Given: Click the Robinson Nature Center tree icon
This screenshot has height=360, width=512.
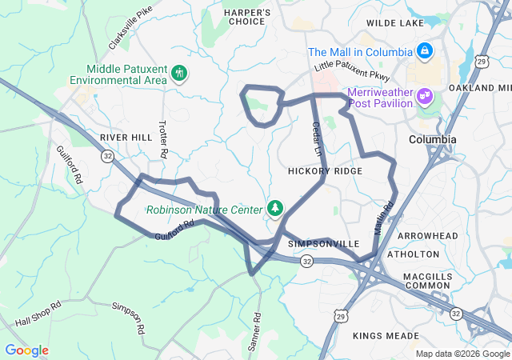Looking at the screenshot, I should (x=275, y=209).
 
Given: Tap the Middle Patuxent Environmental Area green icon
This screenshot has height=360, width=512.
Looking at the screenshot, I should (x=179, y=74).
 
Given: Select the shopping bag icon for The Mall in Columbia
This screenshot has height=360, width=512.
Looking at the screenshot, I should (x=424, y=52).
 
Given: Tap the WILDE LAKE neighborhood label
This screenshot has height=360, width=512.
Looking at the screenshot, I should (x=394, y=24).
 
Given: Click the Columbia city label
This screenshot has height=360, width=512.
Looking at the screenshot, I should (x=432, y=139).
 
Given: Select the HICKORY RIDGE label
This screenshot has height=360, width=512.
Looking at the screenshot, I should (x=325, y=171).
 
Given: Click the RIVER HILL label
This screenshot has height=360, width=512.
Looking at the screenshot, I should (x=126, y=138).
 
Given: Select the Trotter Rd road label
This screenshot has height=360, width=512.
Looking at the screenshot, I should (x=163, y=138).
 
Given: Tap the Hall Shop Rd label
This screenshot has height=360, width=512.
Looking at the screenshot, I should (x=38, y=314).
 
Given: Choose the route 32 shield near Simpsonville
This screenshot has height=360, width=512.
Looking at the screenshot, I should (x=307, y=261).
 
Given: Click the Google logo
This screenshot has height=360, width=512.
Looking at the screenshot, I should (x=26, y=350).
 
